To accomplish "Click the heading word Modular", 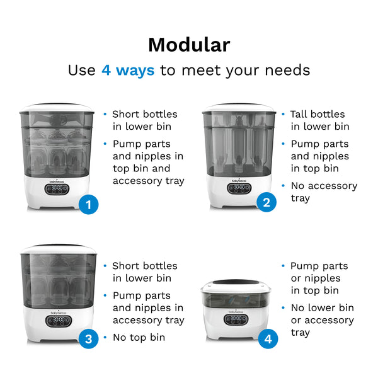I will click(188, 45).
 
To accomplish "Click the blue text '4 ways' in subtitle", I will click(127, 70).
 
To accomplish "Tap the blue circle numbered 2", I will click(266, 202).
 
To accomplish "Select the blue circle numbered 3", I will click(89, 339).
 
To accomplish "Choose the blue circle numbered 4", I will click(268, 339).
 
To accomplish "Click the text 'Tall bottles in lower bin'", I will click(319, 120).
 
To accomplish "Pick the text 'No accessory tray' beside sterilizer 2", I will click(323, 192).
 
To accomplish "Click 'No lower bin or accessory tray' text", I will click(322, 320).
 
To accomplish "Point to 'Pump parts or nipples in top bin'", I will click(319, 278).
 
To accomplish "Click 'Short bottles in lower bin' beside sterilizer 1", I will click(144, 120).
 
